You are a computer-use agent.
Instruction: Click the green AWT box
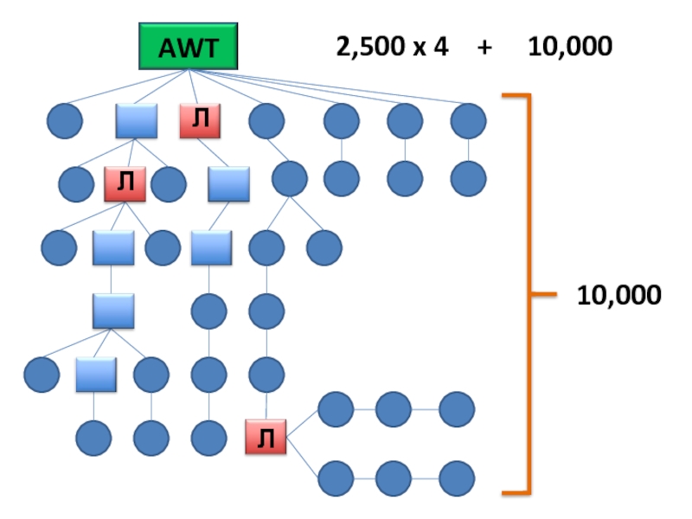(x=189, y=47)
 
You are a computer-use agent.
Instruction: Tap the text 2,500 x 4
(x=393, y=47)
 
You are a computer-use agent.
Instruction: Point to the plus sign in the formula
(x=484, y=47)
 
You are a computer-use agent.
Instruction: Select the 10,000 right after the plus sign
(x=570, y=47)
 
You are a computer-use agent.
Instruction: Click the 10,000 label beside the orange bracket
(x=619, y=296)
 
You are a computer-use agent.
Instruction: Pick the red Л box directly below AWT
(x=201, y=122)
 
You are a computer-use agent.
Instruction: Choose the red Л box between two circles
(x=125, y=183)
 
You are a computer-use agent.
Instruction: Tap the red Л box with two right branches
(x=266, y=438)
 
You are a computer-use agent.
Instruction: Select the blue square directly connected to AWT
(x=137, y=122)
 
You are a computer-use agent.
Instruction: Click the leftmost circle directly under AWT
(x=64, y=121)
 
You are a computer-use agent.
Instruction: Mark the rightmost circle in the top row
(x=468, y=121)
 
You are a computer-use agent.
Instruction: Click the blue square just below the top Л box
(x=228, y=183)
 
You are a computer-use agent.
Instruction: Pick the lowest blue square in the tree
(x=95, y=375)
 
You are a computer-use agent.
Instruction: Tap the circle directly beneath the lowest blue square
(x=93, y=438)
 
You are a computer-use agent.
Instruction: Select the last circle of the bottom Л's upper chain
(x=456, y=409)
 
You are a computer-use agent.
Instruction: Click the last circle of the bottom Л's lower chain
(x=456, y=477)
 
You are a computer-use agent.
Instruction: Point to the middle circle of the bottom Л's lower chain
(x=394, y=477)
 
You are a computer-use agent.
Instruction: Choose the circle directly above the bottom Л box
(x=266, y=375)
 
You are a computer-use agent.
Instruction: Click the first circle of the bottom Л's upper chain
(x=336, y=409)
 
